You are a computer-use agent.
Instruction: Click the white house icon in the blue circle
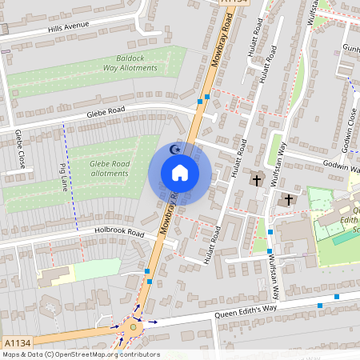point(180,172)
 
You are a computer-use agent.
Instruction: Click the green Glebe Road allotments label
point(110,168)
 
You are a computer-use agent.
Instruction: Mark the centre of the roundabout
point(133,326)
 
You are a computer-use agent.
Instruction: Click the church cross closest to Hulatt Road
point(257,179)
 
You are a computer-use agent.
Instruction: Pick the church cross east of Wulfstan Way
point(289,199)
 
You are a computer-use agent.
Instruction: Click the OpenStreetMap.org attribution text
point(104,354)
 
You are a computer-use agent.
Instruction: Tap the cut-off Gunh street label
point(351,48)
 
